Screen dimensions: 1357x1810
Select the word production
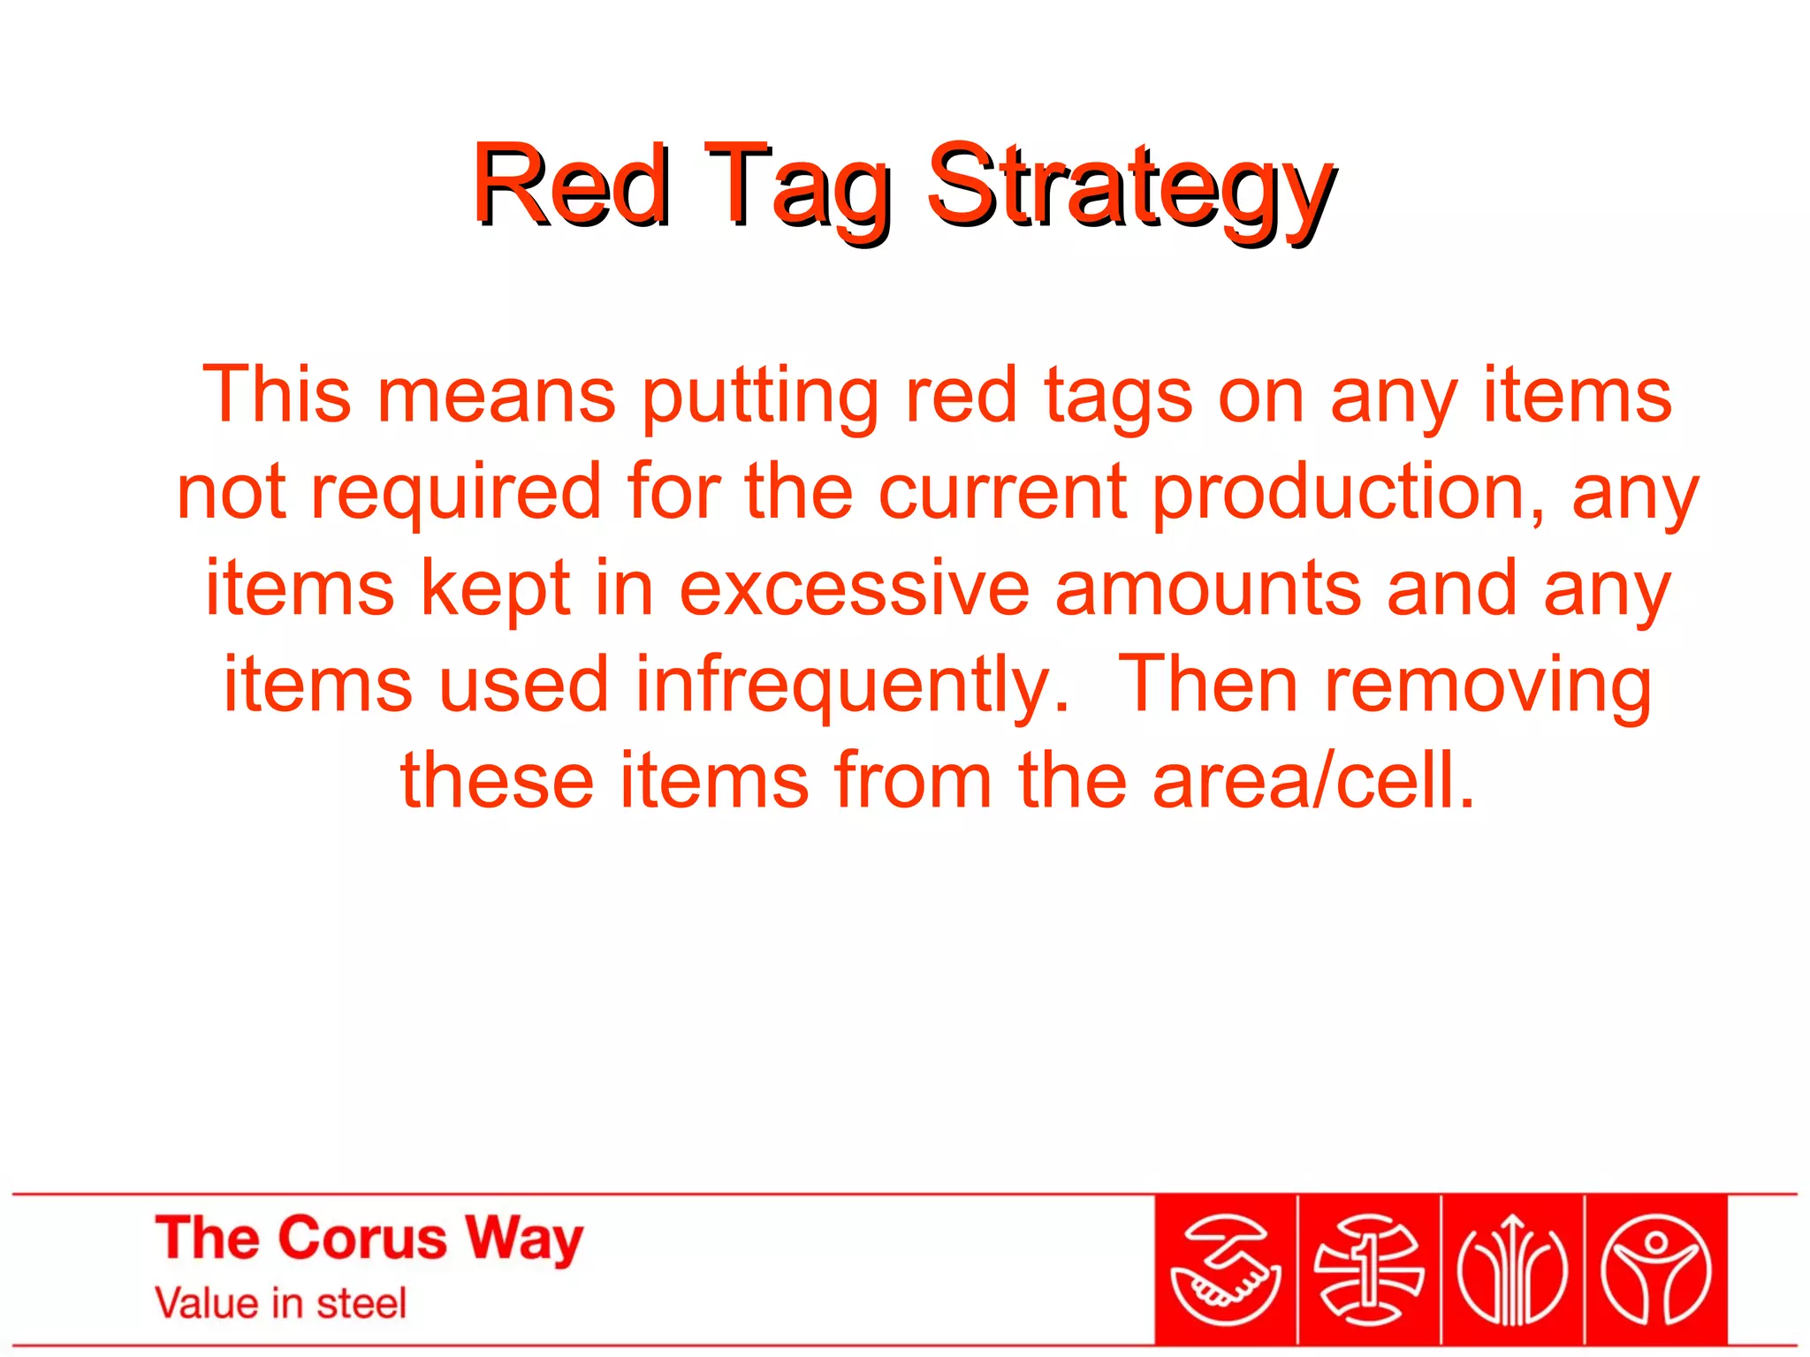1350,493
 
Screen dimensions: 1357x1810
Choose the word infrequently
852,687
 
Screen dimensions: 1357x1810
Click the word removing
1487,687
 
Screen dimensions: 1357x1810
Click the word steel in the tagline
361,1303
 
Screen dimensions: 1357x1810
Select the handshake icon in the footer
1226,1270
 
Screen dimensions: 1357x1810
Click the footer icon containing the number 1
1369,1270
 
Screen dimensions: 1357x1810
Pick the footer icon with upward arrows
1512,1270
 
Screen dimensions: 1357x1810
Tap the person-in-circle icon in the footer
1656,1270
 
